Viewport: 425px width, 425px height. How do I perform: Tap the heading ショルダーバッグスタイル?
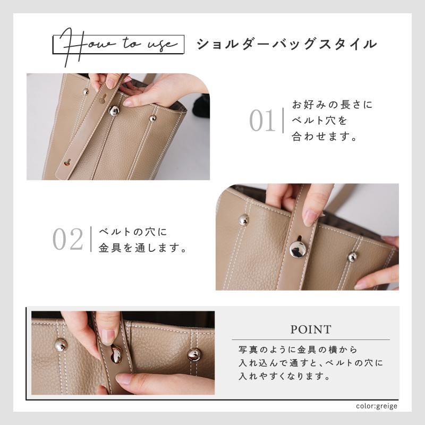click(x=287, y=44)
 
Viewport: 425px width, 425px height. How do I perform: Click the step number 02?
click(x=67, y=240)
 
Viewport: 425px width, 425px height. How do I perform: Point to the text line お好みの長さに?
click(x=333, y=105)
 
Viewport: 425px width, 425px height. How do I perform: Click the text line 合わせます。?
click(x=324, y=137)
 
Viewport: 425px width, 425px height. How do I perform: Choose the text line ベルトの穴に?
click(x=133, y=232)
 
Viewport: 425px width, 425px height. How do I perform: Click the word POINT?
click(x=311, y=329)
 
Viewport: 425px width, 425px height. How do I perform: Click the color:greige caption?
click(x=377, y=406)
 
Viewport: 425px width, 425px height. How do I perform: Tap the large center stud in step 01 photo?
click(x=114, y=110)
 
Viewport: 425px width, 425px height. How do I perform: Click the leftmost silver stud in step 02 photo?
click(x=243, y=219)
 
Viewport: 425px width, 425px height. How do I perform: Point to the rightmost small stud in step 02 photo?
click(x=352, y=257)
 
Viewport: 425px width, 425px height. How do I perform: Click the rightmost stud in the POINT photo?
click(x=195, y=354)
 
